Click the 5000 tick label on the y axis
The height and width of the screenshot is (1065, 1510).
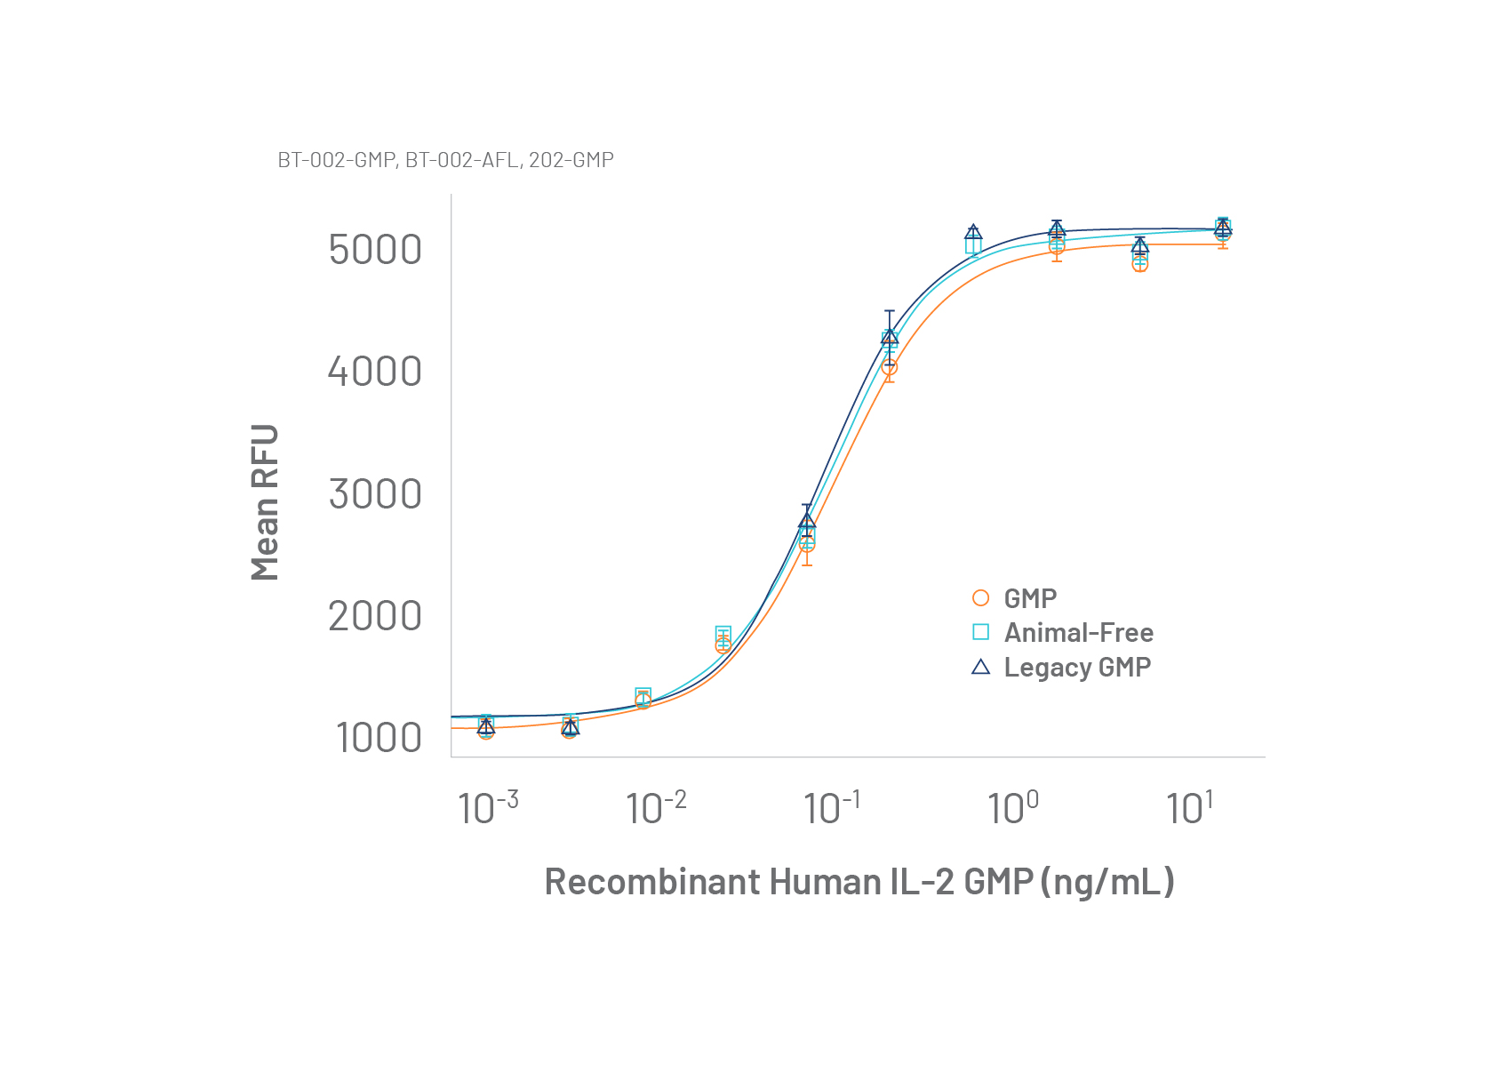point(375,250)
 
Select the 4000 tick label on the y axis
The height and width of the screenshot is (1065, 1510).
point(375,372)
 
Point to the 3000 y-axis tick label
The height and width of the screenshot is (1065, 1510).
point(375,494)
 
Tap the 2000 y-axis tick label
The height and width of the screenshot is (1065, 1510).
point(375,616)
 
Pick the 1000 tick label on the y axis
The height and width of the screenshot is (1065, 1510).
point(379,738)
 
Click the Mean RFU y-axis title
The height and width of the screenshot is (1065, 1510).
point(265,502)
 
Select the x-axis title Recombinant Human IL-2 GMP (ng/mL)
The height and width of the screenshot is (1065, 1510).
point(859,882)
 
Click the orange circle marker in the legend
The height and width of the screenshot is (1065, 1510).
point(980,598)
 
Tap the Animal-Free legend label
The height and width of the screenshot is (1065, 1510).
point(1078,633)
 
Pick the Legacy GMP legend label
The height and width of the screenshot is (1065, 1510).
point(1077,668)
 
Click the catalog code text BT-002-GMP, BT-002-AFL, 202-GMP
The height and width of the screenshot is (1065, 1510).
point(445,160)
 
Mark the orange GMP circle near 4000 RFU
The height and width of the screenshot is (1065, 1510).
point(889,366)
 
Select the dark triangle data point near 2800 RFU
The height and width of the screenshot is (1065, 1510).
point(807,521)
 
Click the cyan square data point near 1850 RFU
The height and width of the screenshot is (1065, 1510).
point(723,634)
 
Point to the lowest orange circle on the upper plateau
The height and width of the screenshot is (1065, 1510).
point(1140,264)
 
